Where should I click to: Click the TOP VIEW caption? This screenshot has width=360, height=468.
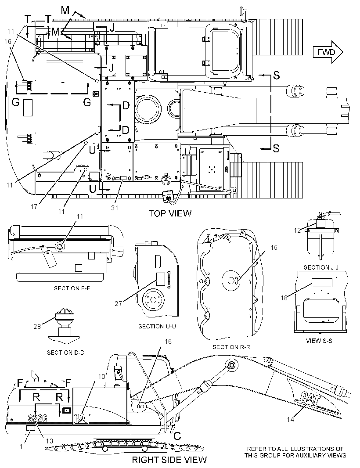click(170, 213)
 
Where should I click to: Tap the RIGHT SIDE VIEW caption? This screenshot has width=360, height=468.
click(169, 460)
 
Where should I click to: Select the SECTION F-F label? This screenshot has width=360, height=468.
click(72, 288)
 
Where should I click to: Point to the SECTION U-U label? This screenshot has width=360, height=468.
click(157, 327)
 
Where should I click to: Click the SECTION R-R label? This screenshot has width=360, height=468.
click(231, 347)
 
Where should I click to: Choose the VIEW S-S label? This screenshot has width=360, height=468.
click(319, 341)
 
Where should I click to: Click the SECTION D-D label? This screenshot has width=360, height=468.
click(66, 353)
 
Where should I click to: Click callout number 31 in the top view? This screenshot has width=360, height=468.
click(115, 208)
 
